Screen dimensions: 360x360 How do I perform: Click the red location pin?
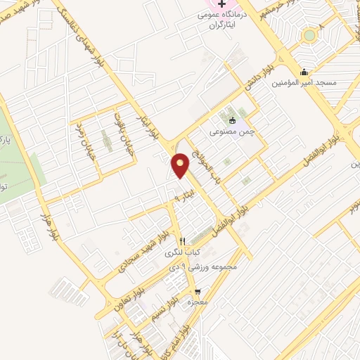(181, 165)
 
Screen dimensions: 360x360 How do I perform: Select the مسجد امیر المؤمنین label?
(325, 83)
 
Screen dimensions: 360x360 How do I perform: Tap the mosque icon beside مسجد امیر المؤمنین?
(304, 72)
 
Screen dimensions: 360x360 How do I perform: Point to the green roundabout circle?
(309, 34)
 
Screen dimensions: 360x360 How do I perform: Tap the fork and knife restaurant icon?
(182, 240)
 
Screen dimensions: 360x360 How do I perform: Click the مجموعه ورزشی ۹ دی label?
(203, 266)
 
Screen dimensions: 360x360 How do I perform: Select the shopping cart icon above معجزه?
(198, 290)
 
